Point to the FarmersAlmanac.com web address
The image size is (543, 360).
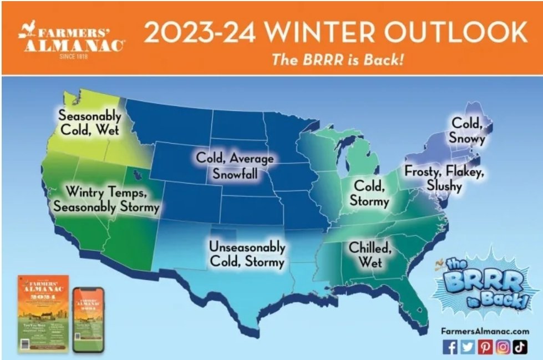(x=485, y=331)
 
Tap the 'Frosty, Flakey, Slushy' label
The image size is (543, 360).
(x=444, y=178)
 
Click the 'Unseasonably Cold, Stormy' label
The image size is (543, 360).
(x=247, y=253)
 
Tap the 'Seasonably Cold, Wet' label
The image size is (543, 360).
(x=90, y=124)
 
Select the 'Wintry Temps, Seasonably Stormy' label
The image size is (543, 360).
(x=105, y=200)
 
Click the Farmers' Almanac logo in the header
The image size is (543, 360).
(x=71, y=40)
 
